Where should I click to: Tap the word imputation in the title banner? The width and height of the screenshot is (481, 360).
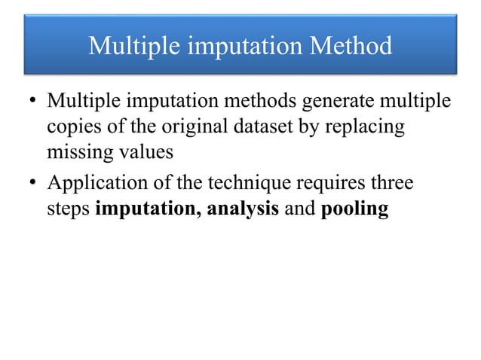pyautogui.click(x=242, y=47)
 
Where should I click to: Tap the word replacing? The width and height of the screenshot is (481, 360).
pyautogui.click(x=363, y=128)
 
